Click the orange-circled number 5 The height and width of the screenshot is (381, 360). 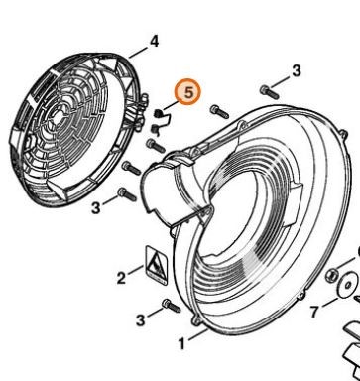pyautogui.click(x=188, y=92)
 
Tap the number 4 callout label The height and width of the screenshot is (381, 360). pyautogui.click(x=154, y=42)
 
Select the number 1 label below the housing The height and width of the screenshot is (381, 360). pyautogui.click(x=181, y=344)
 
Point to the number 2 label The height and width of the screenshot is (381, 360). pyautogui.click(x=121, y=278)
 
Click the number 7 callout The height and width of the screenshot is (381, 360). pyautogui.click(x=314, y=312)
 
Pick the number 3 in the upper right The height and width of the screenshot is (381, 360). pyautogui.click(x=297, y=71)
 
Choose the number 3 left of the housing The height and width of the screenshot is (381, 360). pyautogui.click(x=95, y=208)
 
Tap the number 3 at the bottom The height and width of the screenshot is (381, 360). pyautogui.click(x=141, y=320)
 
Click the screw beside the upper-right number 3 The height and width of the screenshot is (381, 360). pyautogui.click(x=269, y=92)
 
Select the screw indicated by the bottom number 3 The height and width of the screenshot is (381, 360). pyautogui.click(x=171, y=306)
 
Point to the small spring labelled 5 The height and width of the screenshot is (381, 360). pyautogui.click(x=161, y=122)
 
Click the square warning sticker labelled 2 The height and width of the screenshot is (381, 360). pyautogui.click(x=157, y=265)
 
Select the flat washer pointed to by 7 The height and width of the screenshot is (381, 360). pyautogui.click(x=348, y=284)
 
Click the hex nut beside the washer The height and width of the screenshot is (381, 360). pyautogui.click(x=331, y=274)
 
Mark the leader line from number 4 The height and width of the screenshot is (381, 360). pyautogui.click(x=138, y=53)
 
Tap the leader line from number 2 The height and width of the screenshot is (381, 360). pyautogui.click(x=136, y=270)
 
